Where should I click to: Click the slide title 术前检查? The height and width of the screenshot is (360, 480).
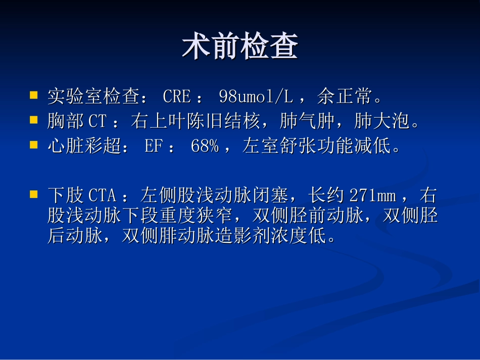tap(239, 47)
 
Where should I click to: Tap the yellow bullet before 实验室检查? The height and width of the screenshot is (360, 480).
tap(34, 94)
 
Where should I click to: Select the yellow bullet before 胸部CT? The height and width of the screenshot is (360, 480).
tap(34, 120)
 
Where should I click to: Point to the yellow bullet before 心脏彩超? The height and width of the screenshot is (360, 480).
tap(34, 145)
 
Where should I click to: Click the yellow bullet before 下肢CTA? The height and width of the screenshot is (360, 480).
tap(34, 194)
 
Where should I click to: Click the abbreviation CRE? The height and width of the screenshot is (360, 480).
tap(177, 96)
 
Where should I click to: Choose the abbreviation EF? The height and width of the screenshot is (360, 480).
tap(153, 146)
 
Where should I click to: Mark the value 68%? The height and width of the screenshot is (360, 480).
tap(205, 146)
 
